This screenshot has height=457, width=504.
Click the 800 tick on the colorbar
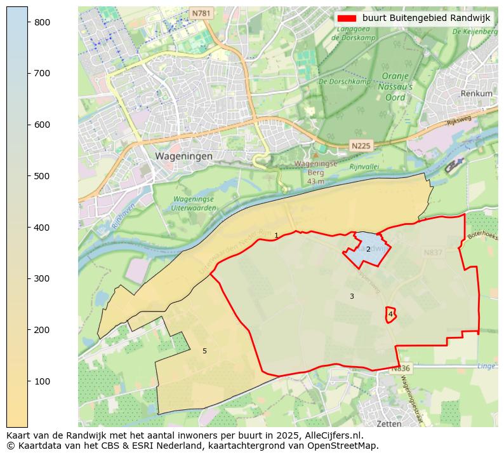click(x=28, y=22)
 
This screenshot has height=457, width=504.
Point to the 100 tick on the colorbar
click(x=28, y=381)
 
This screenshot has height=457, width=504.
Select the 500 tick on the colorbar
click(x=28, y=176)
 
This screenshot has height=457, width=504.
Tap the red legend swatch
click(x=346, y=18)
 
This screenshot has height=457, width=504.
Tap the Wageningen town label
click(x=183, y=156)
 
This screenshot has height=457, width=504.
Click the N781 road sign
click(x=201, y=13)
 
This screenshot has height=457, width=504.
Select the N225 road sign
click(x=361, y=146)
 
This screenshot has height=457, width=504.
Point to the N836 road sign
click(x=401, y=369)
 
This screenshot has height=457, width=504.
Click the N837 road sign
click(x=433, y=252)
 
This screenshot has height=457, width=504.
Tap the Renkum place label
click(x=477, y=93)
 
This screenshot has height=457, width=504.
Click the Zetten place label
click(x=388, y=423)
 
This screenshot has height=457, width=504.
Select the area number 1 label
click(x=276, y=236)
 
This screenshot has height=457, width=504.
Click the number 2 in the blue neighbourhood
click(x=368, y=249)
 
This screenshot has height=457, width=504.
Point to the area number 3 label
click(x=352, y=297)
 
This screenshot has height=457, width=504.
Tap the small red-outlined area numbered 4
click(x=390, y=314)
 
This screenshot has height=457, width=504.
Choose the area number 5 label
click(x=204, y=351)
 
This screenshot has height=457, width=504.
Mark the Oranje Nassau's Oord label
click(x=398, y=87)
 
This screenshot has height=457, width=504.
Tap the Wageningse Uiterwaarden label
click(x=193, y=203)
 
